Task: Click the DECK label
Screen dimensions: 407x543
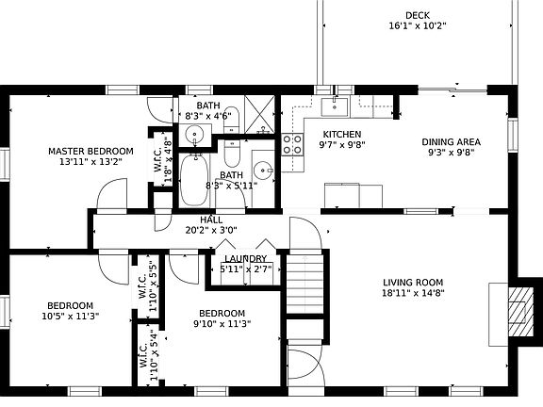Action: coord(418,15)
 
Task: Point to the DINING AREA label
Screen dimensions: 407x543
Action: coord(450,142)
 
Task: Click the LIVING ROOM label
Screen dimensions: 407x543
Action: coord(413,282)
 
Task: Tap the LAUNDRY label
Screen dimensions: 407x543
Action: coord(244,258)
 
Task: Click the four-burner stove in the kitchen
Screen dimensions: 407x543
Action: coord(292,144)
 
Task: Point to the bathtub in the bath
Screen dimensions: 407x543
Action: coord(197,179)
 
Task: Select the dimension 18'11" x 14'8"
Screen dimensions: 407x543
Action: coord(413,293)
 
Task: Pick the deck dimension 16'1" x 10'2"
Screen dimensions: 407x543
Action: coord(418,26)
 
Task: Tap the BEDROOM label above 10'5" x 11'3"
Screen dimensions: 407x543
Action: coord(71,304)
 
